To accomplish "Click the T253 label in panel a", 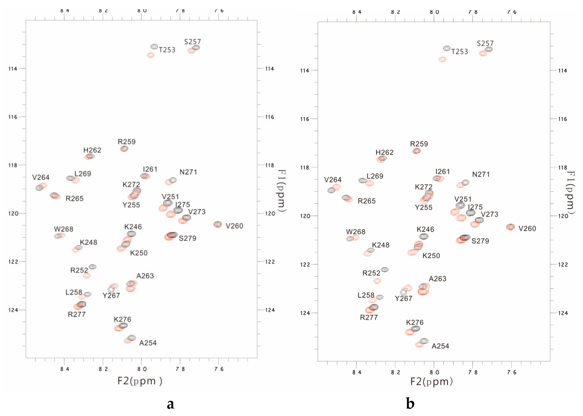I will point(167,50).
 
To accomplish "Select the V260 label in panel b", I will point(527,229).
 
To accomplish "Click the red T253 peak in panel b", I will point(442,59).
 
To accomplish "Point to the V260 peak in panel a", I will point(218,224).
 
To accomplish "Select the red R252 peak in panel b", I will point(377,281).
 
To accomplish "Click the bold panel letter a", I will point(170,404).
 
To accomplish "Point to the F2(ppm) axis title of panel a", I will point(140,381).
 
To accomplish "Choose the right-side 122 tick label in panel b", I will point(563,265).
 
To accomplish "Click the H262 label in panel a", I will point(92,150).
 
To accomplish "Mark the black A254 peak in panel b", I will point(424,341).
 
